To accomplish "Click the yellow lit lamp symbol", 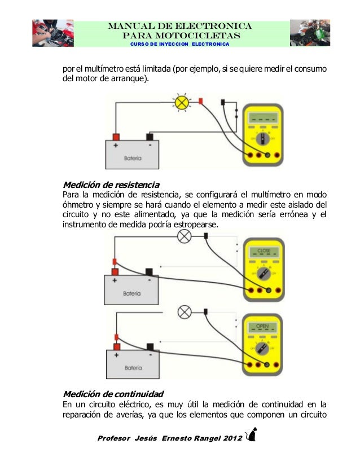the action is pyautogui.click(x=182, y=103).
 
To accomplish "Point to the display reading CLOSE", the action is pyautogui.click(x=264, y=249).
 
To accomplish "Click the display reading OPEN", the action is pyautogui.click(x=263, y=326).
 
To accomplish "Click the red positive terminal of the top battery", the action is pyautogui.click(x=116, y=137).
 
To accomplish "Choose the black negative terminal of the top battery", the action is pyautogui.click(x=150, y=137).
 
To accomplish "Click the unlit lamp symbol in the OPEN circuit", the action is pyautogui.click(x=184, y=311).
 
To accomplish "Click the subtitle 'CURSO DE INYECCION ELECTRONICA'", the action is pyautogui.click(x=180, y=44).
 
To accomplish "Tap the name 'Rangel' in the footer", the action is pyautogui.click(x=201, y=438).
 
